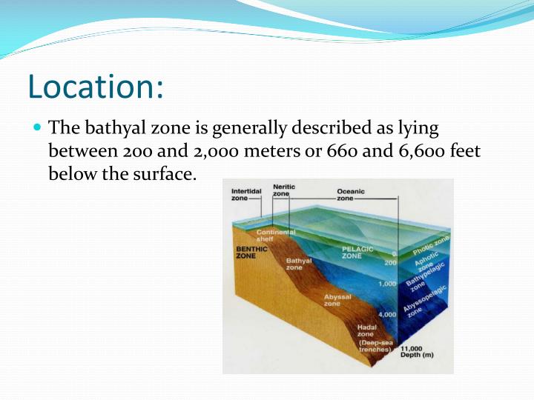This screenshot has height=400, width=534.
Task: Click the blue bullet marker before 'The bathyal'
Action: (x=38, y=127)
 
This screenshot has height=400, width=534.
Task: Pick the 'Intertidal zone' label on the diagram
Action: (x=245, y=195)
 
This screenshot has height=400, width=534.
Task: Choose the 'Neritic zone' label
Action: (x=283, y=190)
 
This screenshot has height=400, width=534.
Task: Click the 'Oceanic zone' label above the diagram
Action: (x=351, y=195)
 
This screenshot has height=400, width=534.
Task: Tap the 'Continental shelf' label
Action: (x=276, y=236)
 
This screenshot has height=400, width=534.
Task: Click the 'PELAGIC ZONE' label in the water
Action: (x=357, y=252)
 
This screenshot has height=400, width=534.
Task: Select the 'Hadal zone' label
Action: (x=366, y=330)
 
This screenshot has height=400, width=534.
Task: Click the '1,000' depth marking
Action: (x=386, y=284)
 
